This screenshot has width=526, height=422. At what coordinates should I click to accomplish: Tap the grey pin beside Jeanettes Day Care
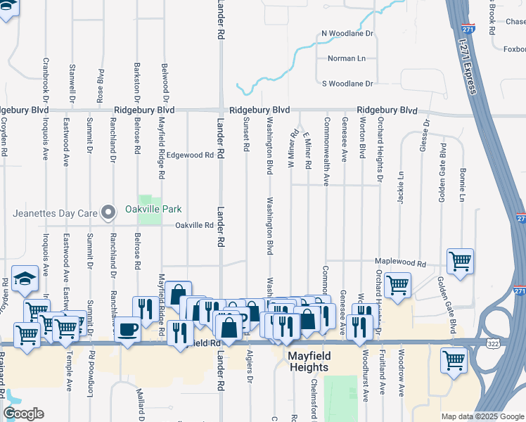108,212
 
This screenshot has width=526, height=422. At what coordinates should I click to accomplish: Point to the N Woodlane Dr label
347,33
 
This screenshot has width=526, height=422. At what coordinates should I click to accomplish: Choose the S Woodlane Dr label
347,84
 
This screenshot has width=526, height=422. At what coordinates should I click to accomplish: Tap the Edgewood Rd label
190,155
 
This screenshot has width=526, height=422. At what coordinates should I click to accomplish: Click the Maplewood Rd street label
401,264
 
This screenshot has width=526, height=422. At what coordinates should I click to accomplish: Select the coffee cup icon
127,329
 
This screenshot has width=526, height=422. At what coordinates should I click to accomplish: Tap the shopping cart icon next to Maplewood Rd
460,261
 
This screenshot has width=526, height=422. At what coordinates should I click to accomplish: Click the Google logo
23,414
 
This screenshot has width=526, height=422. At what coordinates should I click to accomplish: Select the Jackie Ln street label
402,187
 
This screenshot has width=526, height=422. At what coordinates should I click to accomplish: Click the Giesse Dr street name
425,136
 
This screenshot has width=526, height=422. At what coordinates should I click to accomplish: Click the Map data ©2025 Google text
482,416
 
